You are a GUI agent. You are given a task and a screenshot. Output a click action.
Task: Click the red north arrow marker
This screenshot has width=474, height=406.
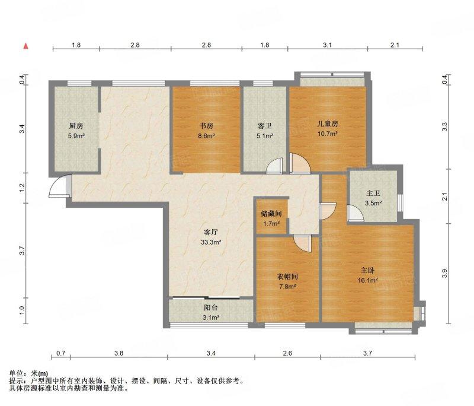[x=26, y=46]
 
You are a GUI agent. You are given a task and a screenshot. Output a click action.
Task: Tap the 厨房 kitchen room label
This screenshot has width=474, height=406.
[x=76, y=126]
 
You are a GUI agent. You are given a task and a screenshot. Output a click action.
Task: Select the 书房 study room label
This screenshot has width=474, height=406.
[x=206, y=126]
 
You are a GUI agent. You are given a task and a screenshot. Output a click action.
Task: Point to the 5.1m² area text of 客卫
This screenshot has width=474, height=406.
[x=265, y=136]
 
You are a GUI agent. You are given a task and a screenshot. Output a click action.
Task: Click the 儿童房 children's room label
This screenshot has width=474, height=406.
[x=328, y=123]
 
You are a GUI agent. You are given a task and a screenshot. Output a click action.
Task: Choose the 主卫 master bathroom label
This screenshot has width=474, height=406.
[x=373, y=193]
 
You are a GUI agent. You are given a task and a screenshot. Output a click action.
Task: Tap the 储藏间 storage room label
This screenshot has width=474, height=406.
[x=271, y=214]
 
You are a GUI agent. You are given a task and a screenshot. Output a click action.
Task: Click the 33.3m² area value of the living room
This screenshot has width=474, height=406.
[x=211, y=242]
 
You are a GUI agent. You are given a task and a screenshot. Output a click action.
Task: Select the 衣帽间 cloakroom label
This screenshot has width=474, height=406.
[x=287, y=276]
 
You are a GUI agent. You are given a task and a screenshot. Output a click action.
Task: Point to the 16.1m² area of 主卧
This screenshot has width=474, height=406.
[x=367, y=280]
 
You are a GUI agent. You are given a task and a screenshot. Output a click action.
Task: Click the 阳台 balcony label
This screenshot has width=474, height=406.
[x=211, y=307]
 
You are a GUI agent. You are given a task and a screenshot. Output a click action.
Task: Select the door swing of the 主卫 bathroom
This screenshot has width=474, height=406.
[x=355, y=214]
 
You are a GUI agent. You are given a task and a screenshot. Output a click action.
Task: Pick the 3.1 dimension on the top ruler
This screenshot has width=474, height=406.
[x=328, y=45]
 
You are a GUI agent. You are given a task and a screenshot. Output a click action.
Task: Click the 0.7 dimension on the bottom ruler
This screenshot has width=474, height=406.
[x=61, y=353]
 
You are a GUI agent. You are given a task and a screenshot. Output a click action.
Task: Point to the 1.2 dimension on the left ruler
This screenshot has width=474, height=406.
[x=22, y=188]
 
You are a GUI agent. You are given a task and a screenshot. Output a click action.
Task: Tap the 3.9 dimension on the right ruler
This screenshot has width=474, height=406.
[x=444, y=274]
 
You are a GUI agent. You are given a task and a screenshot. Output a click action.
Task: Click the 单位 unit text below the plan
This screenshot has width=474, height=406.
[x=17, y=373]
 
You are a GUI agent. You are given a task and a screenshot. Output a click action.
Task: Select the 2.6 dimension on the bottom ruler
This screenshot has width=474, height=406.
[x=287, y=353]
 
